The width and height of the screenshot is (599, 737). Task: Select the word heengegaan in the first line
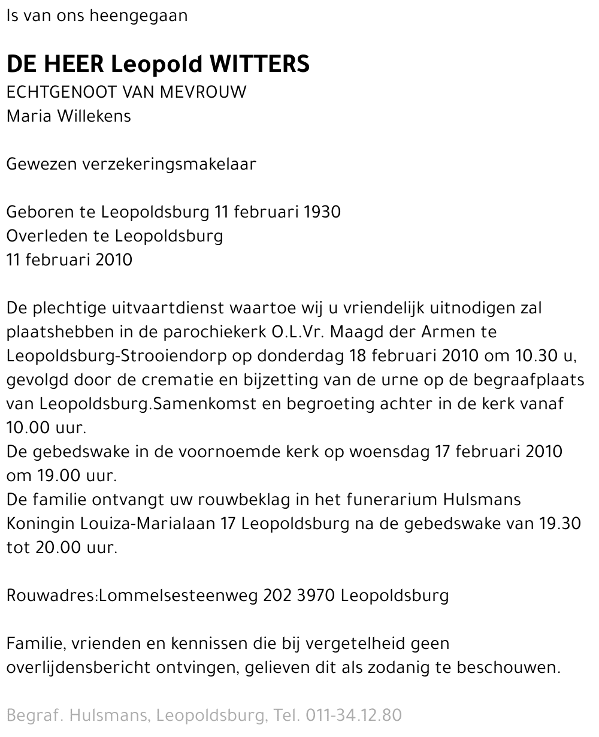point(138,16)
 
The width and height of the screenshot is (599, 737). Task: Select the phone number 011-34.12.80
point(353,715)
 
